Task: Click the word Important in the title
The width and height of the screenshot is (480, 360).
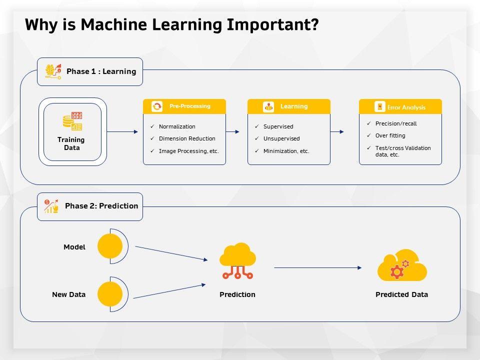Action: (272, 25)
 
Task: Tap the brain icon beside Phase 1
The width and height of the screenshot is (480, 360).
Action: (53, 71)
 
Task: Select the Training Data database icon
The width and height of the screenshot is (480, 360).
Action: (72, 121)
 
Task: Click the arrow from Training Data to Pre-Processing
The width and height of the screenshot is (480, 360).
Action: (122, 131)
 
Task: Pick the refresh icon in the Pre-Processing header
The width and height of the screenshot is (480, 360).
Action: (157, 106)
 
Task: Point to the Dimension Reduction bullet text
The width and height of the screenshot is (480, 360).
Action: (187, 138)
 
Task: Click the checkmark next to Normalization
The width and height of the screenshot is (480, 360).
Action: (152, 126)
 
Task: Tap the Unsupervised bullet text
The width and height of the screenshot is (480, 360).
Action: (281, 138)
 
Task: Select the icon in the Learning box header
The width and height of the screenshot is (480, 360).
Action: (268, 106)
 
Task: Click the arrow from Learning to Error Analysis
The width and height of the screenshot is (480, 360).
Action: (337, 131)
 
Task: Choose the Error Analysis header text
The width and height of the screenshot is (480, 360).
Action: (406, 107)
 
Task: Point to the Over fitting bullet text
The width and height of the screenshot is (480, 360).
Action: (390, 135)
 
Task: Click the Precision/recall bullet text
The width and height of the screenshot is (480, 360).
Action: (396, 123)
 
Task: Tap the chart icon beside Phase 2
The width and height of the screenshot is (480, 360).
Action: (51, 206)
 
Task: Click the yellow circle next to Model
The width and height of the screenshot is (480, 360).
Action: (110, 246)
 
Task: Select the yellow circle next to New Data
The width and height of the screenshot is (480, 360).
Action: (110, 294)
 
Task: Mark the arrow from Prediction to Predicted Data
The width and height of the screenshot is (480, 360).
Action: (318, 268)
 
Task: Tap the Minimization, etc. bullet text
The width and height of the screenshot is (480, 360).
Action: (286, 151)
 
